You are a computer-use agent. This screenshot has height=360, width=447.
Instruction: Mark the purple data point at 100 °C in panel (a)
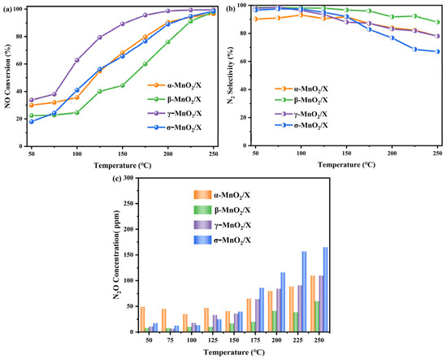(x=77, y=59)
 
